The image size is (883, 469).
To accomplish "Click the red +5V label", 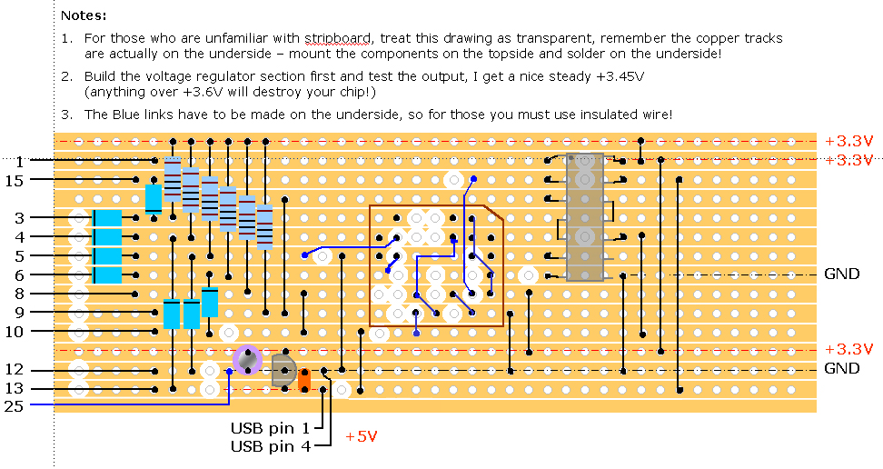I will point(361,436).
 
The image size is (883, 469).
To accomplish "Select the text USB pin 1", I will point(270,427).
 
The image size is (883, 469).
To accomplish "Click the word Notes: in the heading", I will point(84,15).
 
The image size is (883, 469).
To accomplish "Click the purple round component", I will point(246,359).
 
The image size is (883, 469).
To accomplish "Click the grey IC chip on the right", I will point(584,217).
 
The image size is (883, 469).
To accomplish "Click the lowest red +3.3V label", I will point(848,349).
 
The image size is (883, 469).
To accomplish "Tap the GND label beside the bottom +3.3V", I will point(841,369).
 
